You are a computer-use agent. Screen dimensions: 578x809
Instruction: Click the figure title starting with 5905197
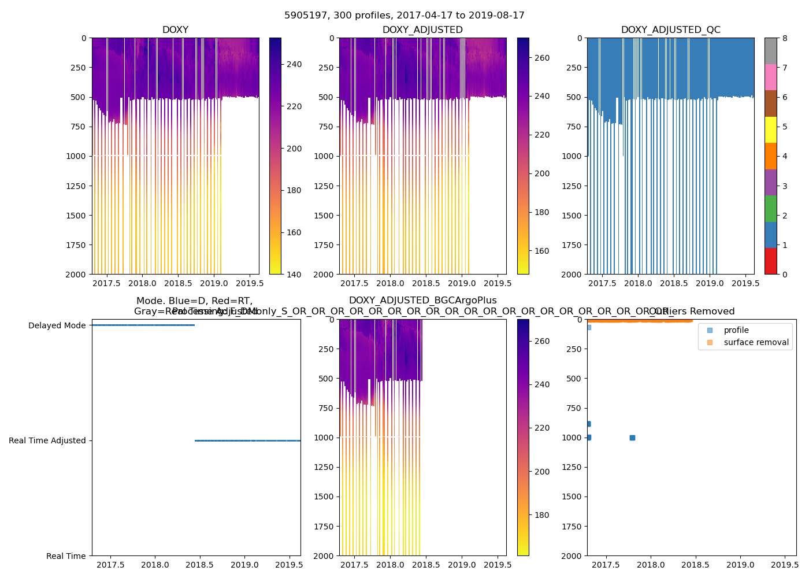(404, 16)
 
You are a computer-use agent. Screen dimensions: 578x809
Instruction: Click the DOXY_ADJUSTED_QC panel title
(670, 30)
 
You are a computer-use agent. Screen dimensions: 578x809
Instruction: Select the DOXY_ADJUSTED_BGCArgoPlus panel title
(422, 301)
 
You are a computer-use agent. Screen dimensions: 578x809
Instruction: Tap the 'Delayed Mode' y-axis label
(57, 325)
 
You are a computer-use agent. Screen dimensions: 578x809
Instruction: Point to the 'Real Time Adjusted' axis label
(47, 440)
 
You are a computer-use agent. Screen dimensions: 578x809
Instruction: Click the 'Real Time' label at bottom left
(66, 556)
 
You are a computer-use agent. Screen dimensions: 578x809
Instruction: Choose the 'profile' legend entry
(736, 330)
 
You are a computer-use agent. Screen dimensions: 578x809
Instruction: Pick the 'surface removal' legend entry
(756, 342)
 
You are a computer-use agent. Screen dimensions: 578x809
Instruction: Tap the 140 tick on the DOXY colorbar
(294, 275)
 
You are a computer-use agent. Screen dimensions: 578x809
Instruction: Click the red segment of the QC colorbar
(770, 261)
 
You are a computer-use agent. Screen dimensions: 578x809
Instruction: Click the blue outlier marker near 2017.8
(632, 438)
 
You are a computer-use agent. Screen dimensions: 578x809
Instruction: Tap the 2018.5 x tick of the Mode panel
(200, 565)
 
